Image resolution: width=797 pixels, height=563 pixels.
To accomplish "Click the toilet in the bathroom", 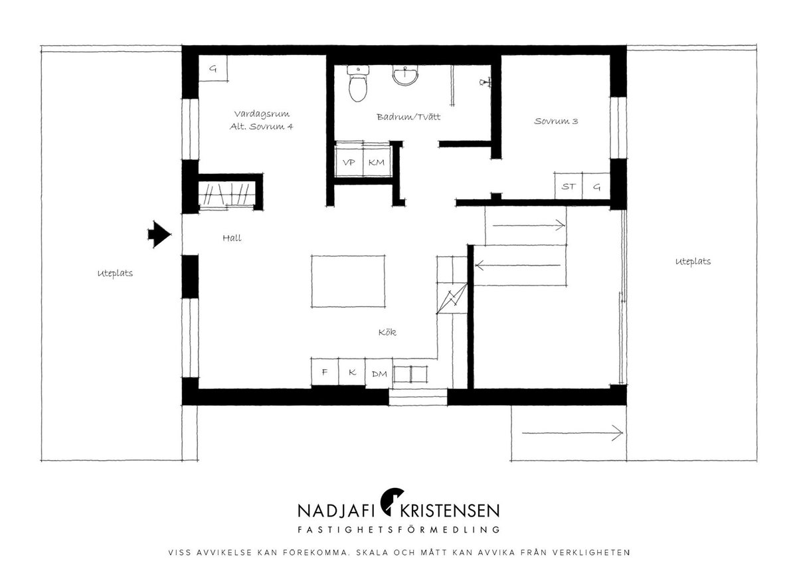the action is (x=357, y=84).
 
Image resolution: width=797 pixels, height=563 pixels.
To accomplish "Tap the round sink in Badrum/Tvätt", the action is (x=405, y=76).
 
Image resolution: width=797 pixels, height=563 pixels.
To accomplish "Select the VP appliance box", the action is (x=349, y=163).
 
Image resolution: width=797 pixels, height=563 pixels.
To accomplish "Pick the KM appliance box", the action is (x=377, y=163).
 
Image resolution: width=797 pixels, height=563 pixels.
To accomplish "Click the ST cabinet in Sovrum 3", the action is (x=569, y=186).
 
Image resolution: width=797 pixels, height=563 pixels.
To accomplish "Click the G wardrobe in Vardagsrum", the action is (x=213, y=68).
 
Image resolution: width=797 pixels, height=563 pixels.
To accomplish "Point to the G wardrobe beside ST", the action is (x=596, y=186).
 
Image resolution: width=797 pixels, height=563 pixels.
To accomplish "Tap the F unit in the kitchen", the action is (x=325, y=372).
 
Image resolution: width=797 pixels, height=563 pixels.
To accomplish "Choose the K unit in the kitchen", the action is (x=352, y=372).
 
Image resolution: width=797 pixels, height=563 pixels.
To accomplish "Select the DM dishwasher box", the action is (x=379, y=373).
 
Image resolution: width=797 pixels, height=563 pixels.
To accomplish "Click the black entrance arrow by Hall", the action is (x=159, y=234).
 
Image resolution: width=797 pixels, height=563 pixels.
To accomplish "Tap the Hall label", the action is (x=232, y=238).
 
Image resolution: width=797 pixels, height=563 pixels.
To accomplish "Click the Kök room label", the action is (x=387, y=332).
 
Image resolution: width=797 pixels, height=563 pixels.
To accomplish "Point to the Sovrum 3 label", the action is (x=556, y=121).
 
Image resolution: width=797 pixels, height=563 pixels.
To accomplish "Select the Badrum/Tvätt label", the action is (x=408, y=117).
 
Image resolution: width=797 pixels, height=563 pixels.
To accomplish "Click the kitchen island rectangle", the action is (x=348, y=281).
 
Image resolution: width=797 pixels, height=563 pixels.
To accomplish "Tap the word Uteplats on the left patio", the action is (x=115, y=274).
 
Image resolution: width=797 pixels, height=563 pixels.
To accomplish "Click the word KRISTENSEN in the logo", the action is (x=450, y=511).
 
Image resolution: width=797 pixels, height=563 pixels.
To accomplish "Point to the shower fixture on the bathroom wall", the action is (x=486, y=82).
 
